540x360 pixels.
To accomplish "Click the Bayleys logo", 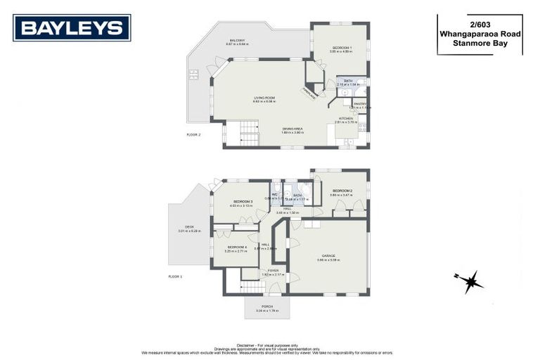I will pos(71,28).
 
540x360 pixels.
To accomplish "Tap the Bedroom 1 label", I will pos(342,47).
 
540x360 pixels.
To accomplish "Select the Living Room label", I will pos(264,98).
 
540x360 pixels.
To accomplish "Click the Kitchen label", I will pos(347,118).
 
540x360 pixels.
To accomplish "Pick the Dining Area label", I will pos(292,128).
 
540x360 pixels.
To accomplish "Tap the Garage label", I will pos(328,255).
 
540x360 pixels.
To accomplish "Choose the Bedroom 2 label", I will pos(342,191).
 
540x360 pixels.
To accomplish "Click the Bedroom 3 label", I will pos(243,202).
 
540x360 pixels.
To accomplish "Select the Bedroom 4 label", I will pos(236,247).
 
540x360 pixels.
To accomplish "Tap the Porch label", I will pos(266,307).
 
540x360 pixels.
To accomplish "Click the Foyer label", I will pos(273,271).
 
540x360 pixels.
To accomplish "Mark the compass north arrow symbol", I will pos(468,281).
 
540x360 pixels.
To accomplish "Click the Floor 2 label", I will pos(193,134).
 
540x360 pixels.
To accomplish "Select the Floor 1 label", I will pos(175,277).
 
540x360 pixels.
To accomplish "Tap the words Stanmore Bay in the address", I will pos(479,42).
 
